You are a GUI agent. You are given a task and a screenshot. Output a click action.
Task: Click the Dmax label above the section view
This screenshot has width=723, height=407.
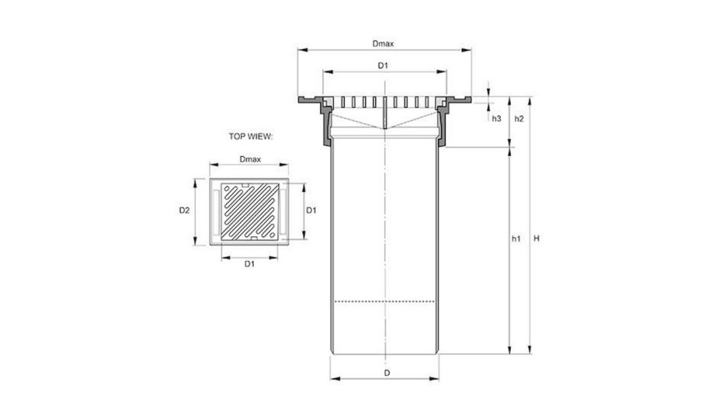pos(383,44)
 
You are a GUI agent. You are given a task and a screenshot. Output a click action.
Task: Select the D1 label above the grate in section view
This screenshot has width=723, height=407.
pos(383,66)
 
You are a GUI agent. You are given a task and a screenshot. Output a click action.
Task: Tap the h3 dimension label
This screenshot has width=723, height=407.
pos(496,117)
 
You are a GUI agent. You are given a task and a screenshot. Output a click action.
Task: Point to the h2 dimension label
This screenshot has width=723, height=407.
pos(520,117)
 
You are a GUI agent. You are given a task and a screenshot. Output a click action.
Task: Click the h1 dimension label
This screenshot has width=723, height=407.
pos(515,239)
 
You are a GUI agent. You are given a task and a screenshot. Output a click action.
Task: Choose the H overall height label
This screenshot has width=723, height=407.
pos(537,239)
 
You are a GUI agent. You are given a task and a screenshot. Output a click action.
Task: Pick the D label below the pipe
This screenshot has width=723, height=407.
pos(387,373)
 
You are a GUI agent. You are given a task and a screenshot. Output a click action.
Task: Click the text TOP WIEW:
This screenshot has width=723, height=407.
pos(250,136)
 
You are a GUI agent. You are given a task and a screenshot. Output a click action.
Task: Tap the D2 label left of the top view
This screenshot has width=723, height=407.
pos(184,211)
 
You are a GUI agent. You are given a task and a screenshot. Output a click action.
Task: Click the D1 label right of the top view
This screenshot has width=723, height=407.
pos(311,211)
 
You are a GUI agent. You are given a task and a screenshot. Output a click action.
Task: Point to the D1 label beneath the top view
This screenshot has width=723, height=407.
pos(249,263)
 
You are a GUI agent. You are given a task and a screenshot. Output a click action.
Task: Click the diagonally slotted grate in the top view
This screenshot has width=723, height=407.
pos(250,211)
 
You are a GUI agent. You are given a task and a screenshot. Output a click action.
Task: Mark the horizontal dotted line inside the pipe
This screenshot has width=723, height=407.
pos(384,301)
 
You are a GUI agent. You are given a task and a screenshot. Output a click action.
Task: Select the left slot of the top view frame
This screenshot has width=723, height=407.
pos(216,211)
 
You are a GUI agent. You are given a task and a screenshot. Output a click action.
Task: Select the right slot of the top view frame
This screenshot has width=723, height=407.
pos(284,211)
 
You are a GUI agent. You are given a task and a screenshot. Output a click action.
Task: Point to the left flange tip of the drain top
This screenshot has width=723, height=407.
pos(300,99)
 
